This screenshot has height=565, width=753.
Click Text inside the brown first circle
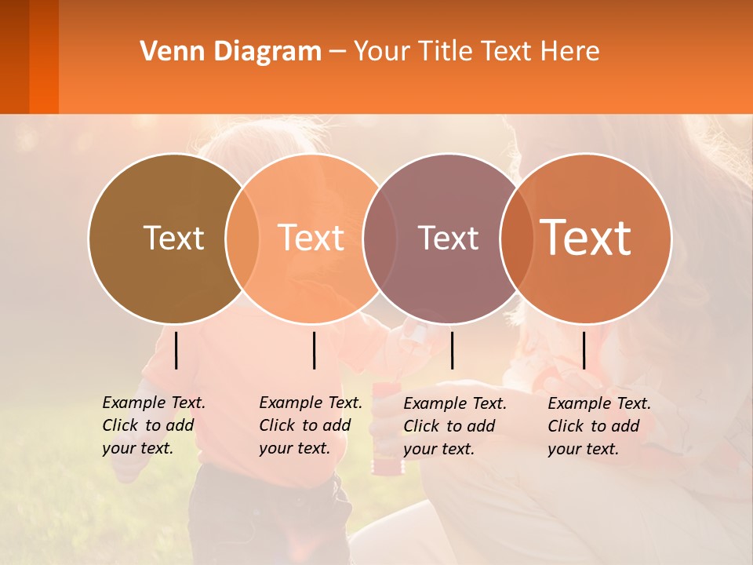coord(173,238)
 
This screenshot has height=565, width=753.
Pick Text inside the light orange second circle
coord(311,238)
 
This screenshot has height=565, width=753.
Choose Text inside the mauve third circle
coord(448,238)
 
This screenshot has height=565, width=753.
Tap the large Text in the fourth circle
coord(586,237)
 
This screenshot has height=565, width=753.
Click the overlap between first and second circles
coord(242,239)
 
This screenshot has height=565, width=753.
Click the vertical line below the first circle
coord(176,350)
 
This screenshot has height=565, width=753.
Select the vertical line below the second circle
coord(314,350)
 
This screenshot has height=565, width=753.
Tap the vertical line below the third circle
coord(452,350)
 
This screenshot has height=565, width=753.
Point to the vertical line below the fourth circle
coord(584,350)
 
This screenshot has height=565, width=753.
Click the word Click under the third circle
coord(422,426)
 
